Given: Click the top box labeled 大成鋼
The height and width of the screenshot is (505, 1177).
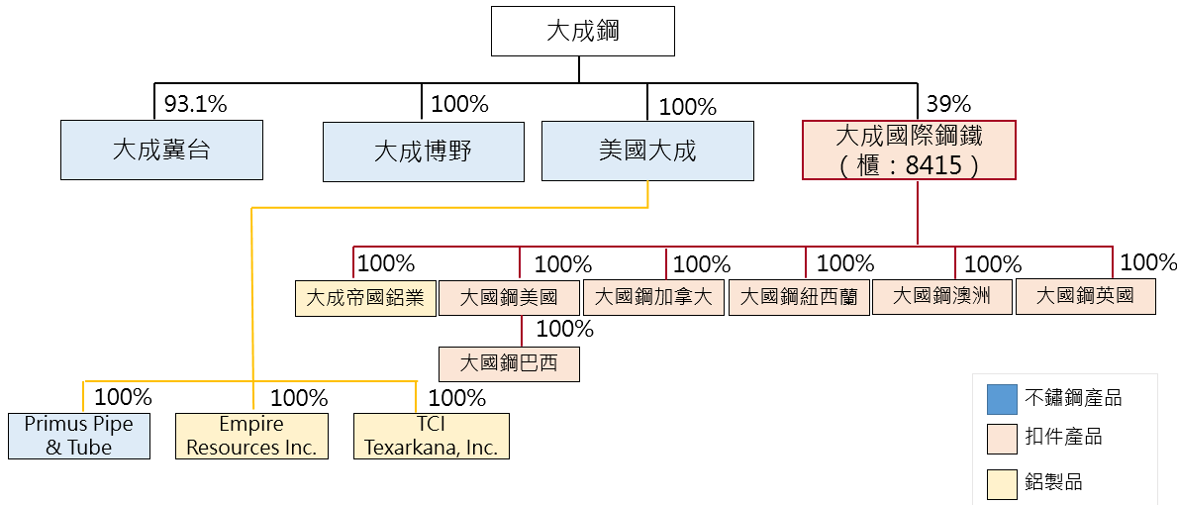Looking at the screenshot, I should click(x=583, y=31).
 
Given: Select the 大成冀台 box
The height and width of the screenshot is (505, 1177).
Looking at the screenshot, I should click(x=161, y=151).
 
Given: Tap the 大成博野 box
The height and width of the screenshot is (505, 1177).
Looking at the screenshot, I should click(x=423, y=151).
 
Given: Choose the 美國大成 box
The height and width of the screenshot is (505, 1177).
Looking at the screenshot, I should click(x=647, y=151).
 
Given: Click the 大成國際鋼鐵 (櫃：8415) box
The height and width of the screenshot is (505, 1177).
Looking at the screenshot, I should click(x=909, y=150).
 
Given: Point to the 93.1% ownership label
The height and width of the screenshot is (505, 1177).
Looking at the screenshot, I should click(x=195, y=103).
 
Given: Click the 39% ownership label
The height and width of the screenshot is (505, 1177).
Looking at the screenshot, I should click(x=948, y=104).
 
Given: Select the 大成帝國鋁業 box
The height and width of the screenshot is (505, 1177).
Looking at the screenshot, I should click(x=365, y=298).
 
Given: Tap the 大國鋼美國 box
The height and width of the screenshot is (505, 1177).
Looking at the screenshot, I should click(x=509, y=298).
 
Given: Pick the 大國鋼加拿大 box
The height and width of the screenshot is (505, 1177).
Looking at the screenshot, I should click(x=654, y=298).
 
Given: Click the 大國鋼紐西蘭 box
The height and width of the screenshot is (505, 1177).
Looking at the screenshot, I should click(x=799, y=298).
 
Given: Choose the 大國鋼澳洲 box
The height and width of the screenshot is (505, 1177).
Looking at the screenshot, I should click(x=941, y=297).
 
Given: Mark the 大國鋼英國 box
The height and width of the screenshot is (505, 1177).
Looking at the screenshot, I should click(x=1085, y=297).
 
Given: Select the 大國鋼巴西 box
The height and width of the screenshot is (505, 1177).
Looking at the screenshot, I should click(x=509, y=363).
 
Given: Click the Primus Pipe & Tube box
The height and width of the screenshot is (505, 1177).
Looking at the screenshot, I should click(x=79, y=436).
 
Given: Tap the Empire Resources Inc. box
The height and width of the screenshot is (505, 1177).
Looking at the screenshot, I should click(x=251, y=436).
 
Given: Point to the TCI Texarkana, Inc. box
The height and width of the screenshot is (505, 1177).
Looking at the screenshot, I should click(x=432, y=436).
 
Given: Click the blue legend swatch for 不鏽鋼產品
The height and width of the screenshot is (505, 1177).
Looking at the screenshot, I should click(x=1002, y=399).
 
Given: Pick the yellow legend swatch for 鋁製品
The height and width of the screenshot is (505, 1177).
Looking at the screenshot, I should click(x=1002, y=483).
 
